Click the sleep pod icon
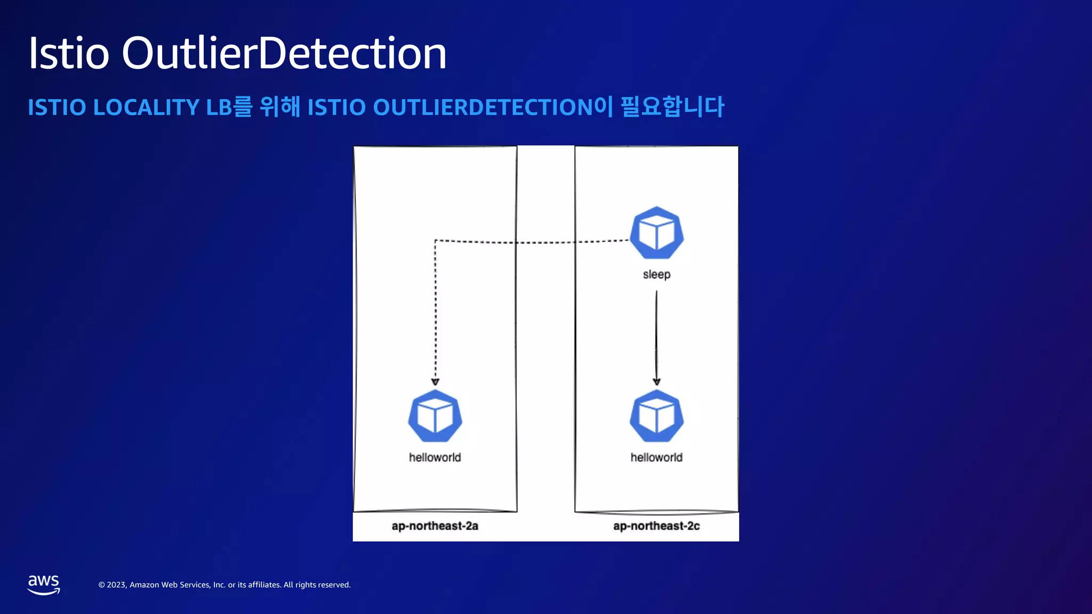[x=656, y=233]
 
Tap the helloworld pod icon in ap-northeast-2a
[x=435, y=416]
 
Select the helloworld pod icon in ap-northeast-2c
[x=656, y=416]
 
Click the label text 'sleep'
[x=656, y=274]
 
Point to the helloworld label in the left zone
[x=435, y=457]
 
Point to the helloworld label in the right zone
[x=656, y=457]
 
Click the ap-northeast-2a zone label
[x=435, y=526]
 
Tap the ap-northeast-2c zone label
[x=656, y=526]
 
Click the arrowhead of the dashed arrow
[x=435, y=382]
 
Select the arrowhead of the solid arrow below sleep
[x=656, y=382]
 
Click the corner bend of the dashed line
[x=436, y=241]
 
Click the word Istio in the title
[x=69, y=53]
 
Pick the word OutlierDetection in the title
[x=284, y=53]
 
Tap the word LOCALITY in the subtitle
[x=146, y=107]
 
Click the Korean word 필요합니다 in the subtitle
[x=672, y=107]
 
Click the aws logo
[x=44, y=585]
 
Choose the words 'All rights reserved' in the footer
[x=317, y=585]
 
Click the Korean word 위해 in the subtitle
[x=279, y=107]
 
